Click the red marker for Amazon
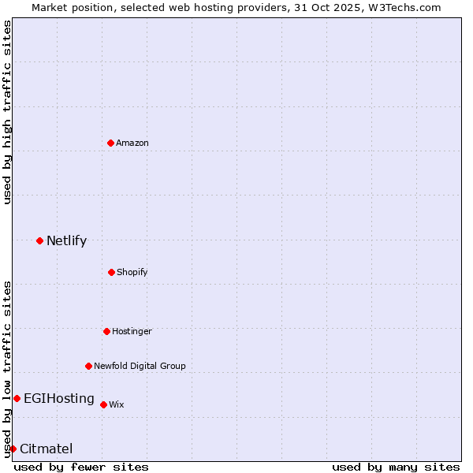coord(111,143)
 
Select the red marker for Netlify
coord(39,240)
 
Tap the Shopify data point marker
coord(111,272)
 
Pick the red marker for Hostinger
coord(106,331)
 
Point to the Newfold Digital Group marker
coord(88,366)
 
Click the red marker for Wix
coord(103,404)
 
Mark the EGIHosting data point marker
coord(17,398)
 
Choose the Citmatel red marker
coord(13,449)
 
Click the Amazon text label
coord(132,143)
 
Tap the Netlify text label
coord(66,240)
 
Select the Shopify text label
coord(132,272)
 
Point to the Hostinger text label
coord(132,331)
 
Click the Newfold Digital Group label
coord(140,366)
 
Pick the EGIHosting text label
coord(59,398)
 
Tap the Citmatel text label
coord(46,449)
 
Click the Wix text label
coord(117,404)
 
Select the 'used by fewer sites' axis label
coord(81,467)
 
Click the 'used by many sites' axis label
coord(396,467)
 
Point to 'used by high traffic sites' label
coord(7,112)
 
